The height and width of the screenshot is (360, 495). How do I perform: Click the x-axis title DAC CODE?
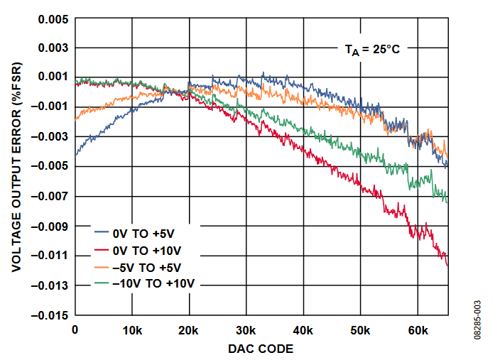(x=260, y=349)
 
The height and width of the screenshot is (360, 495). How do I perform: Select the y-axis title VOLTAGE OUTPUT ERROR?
(x=16, y=166)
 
